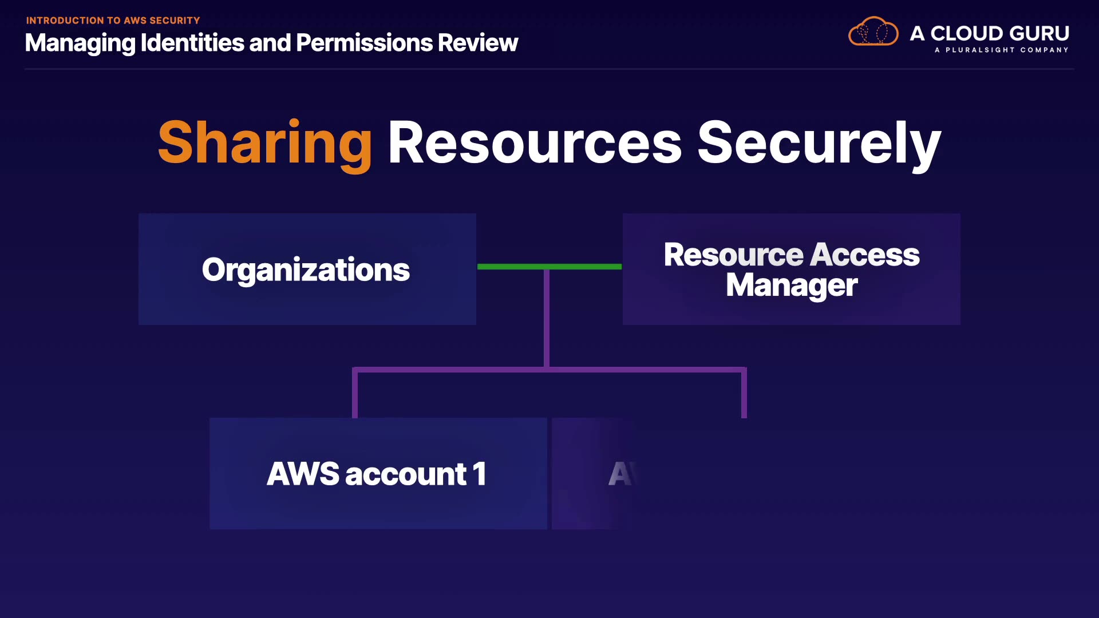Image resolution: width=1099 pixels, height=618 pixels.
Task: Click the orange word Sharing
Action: coord(265,143)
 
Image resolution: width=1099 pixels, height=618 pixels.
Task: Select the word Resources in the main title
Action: coord(535,143)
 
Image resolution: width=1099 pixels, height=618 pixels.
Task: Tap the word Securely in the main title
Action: coord(819,143)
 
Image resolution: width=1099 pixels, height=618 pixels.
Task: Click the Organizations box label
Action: coord(306,270)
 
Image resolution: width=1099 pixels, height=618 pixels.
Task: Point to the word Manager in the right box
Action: coord(792,285)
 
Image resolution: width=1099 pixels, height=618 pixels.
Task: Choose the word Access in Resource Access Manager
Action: coord(865,255)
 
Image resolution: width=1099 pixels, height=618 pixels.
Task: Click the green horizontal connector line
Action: coord(549,266)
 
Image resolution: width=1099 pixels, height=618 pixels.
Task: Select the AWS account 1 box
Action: coord(378,473)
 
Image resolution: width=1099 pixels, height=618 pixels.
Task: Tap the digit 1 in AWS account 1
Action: coord(480,474)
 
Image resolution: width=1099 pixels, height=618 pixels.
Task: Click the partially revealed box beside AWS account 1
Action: coord(592,473)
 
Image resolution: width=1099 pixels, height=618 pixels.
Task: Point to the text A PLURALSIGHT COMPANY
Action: coord(1001,50)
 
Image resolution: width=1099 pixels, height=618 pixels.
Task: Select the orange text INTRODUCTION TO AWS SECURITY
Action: coord(113,21)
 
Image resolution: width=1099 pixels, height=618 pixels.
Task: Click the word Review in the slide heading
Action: coord(477,43)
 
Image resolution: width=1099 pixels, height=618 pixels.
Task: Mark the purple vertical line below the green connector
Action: coord(547,318)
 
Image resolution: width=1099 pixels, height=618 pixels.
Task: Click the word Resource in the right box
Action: coord(733,255)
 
